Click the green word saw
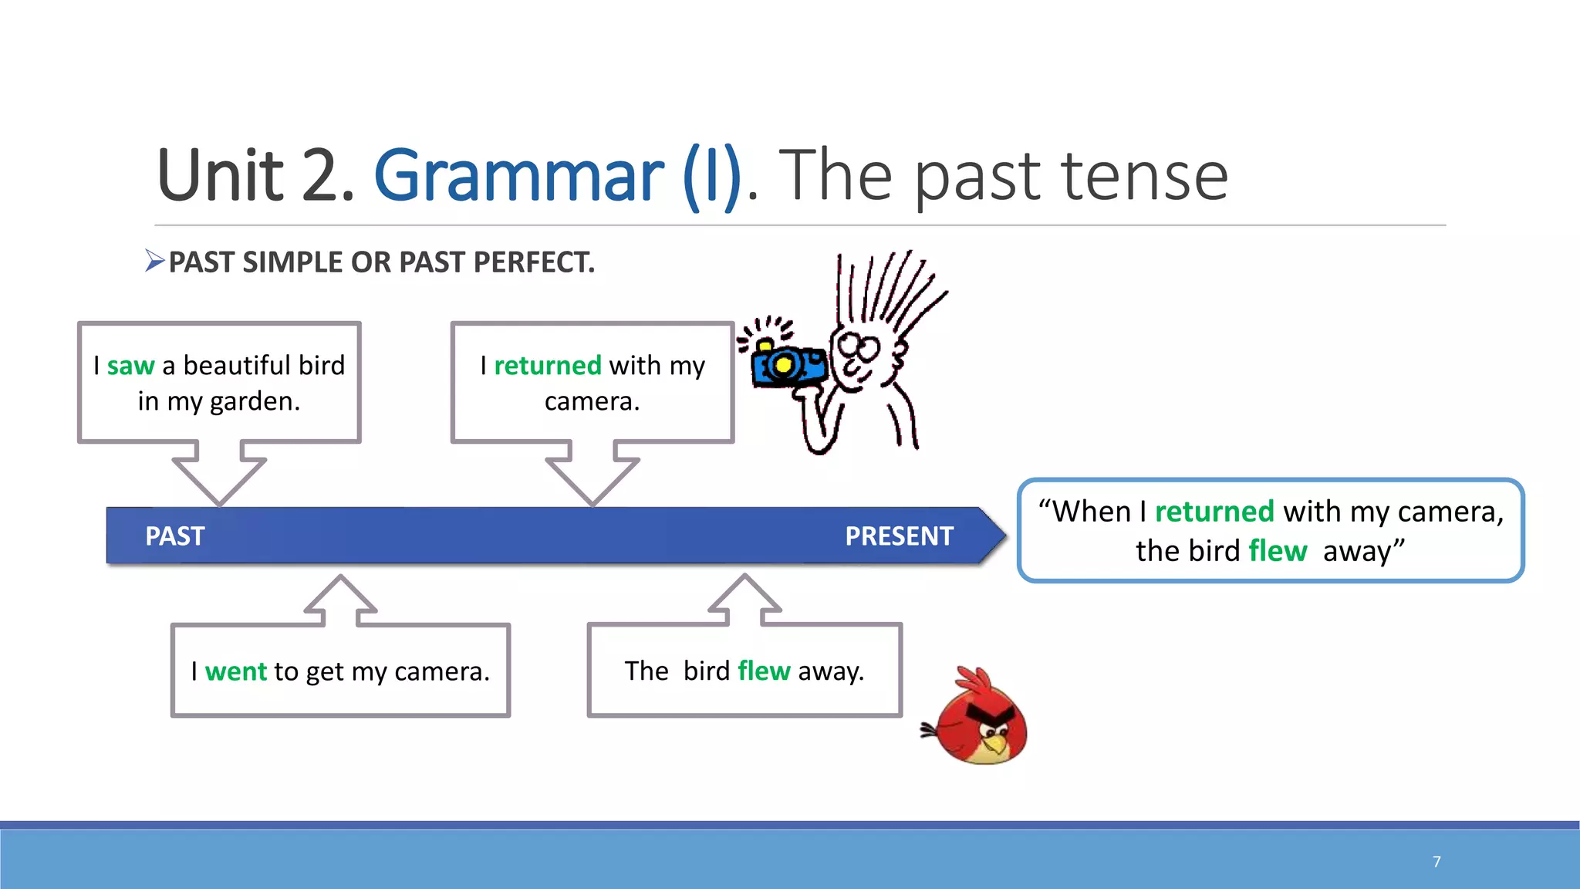coord(130,365)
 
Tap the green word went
coord(235,671)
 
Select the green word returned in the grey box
coord(547,365)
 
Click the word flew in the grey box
coord(763,671)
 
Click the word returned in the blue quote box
coord(1214,512)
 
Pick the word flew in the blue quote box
coord(1277,551)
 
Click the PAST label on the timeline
coord(175,536)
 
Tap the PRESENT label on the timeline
coord(899,536)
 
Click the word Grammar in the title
coord(518,176)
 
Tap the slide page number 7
coord(1437,861)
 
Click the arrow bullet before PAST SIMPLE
coord(154,262)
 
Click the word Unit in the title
coord(221,176)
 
